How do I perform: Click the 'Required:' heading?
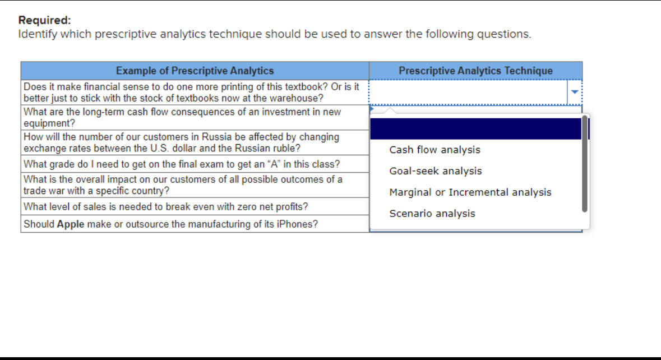pos(45,20)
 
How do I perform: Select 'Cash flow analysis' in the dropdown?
pos(434,150)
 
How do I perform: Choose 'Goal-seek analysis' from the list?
pos(436,171)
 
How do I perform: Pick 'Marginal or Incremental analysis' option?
pos(470,192)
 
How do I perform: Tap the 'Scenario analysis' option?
pos(432,214)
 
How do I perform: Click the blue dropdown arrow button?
pos(575,92)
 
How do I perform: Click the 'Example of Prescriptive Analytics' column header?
pos(195,71)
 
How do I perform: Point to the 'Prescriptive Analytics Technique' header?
pos(475,71)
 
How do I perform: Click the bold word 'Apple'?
pos(71,224)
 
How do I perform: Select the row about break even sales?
pos(166,206)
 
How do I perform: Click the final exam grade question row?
pos(181,165)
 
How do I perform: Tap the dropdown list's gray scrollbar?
pos(585,163)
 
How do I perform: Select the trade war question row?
pos(183,185)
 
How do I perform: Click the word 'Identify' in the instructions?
pos(37,34)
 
